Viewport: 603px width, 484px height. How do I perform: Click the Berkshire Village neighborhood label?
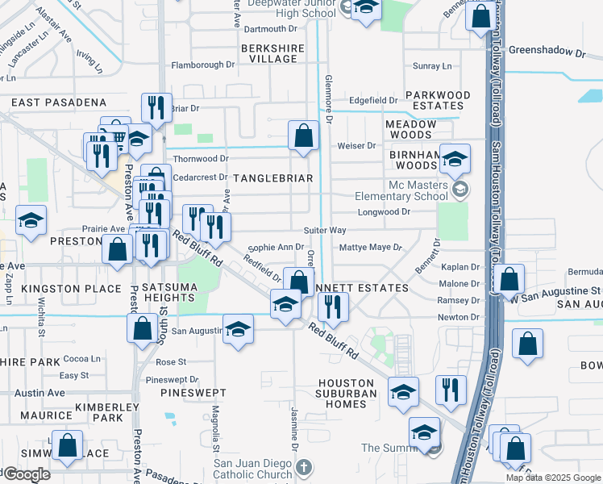pyautogui.click(x=272, y=54)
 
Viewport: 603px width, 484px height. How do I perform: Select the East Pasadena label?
pyautogui.click(x=59, y=102)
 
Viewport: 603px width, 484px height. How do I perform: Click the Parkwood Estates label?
pyautogui.click(x=438, y=100)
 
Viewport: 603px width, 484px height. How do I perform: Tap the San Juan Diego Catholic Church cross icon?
pyautogui.click(x=303, y=468)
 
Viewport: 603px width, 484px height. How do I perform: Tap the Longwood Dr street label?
pyautogui.click(x=384, y=212)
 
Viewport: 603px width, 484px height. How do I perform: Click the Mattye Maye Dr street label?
pyautogui.click(x=371, y=248)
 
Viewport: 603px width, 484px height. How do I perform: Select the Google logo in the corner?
pyautogui.click(x=26, y=474)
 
